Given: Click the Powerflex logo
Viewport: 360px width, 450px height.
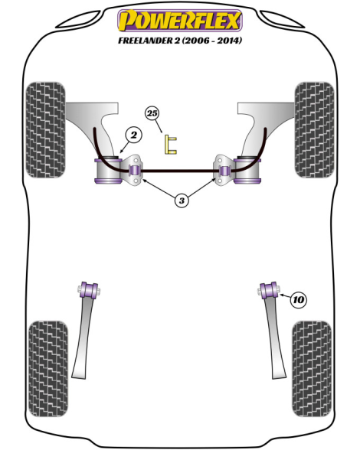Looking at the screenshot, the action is point(180,20).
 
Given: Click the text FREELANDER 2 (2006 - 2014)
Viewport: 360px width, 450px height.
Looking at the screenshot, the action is point(180,40).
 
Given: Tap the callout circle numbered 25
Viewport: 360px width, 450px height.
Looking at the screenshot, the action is point(152,113).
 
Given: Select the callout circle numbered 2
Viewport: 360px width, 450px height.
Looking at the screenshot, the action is point(133,135).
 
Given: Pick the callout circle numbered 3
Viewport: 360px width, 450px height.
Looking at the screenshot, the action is point(182,201).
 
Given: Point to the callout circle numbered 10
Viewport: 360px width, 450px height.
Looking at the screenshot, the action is point(299,300).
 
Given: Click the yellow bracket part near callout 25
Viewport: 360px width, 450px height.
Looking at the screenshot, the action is point(170,145).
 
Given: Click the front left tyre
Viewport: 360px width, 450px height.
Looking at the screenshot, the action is point(45,130).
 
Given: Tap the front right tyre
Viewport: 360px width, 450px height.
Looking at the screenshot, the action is point(315,130).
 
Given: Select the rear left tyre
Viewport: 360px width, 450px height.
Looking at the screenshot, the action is point(48,369).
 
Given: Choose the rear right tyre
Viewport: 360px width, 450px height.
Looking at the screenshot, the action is point(312,369).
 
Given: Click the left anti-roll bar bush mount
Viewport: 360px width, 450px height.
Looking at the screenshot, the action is point(133,170).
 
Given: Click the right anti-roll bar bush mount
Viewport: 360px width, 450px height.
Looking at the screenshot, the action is point(224,170).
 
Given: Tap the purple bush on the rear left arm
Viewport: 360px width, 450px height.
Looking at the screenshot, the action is point(88,291).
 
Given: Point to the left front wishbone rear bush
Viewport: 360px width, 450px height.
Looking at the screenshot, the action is point(108,170).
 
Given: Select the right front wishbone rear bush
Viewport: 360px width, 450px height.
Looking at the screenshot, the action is point(247,170).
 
